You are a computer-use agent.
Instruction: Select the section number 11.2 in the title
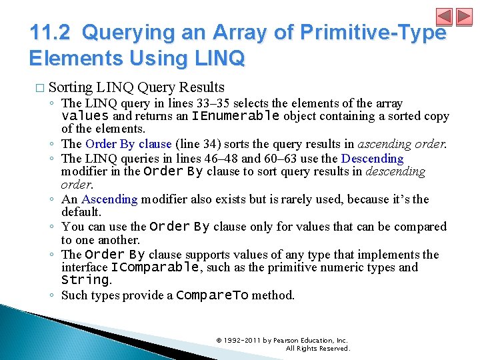51,33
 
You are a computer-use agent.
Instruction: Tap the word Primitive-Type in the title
383,33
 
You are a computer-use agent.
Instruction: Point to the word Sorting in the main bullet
71,87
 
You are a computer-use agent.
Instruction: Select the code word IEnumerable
235,116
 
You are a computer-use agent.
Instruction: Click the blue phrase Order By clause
129,144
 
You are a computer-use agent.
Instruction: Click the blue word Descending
372,159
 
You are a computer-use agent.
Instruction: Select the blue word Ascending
109,199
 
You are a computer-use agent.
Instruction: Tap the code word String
85,280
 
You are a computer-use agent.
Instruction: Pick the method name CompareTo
212,295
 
